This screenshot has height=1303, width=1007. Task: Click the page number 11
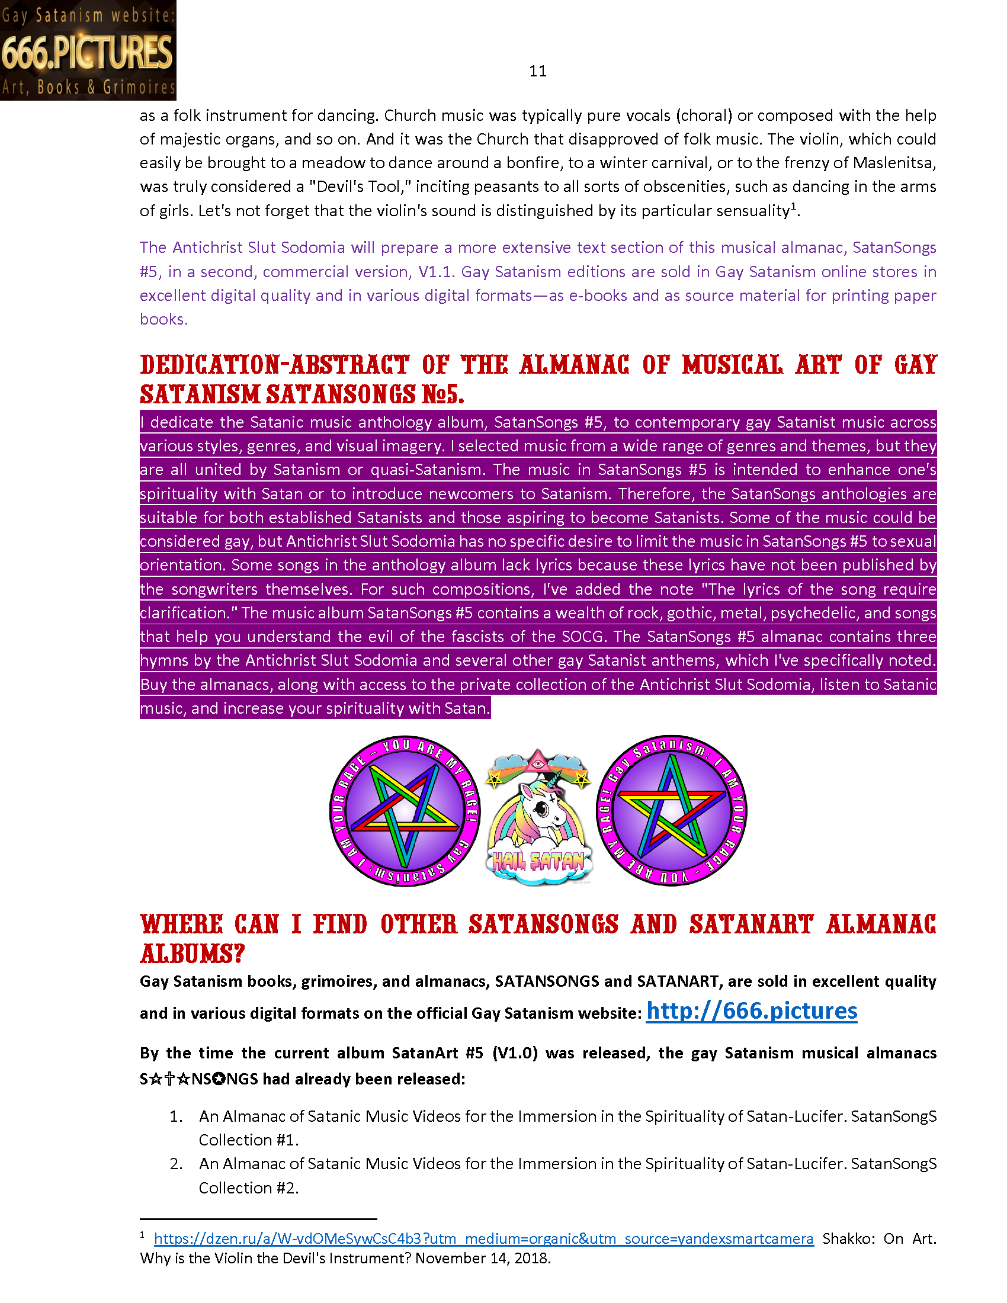[x=537, y=71]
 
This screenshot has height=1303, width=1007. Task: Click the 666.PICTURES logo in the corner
[x=88, y=51]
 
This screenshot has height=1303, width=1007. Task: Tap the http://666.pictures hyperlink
[x=751, y=1011]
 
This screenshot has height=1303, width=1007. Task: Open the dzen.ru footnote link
[x=483, y=1238]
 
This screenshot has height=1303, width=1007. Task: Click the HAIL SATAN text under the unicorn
[x=538, y=861]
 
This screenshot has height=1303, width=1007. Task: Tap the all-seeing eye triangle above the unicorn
[x=538, y=762]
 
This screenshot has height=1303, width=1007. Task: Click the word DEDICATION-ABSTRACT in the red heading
[x=274, y=365]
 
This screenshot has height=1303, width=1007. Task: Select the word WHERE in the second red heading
[x=181, y=925]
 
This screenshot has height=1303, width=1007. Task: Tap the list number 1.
[x=175, y=1116]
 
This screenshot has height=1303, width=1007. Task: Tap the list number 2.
[x=175, y=1164]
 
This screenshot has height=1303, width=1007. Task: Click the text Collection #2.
[x=248, y=1188]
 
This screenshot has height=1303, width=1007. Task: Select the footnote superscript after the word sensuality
[x=793, y=207]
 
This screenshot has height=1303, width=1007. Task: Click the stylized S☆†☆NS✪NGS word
[x=198, y=1079]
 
